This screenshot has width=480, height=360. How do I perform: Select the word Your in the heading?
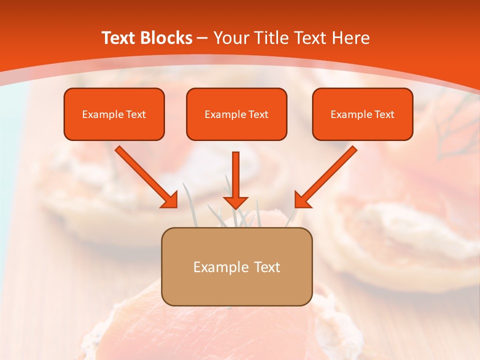click(x=229, y=38)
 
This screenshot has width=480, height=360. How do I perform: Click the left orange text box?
click(x=114, y=114)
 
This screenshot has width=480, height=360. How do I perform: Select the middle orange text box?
click(x=236, y=114)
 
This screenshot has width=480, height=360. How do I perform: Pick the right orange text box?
click(x=362, y=114)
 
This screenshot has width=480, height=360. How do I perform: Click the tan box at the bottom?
click(x=236, y=266)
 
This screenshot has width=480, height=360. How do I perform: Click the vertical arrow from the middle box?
click(x=236, y=177)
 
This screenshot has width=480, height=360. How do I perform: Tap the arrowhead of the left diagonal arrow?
click(x=170, y=200)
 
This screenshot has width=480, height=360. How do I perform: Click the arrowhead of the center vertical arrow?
click(x=236, y=201)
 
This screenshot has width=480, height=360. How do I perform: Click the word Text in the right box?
click(x=384, y=114)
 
